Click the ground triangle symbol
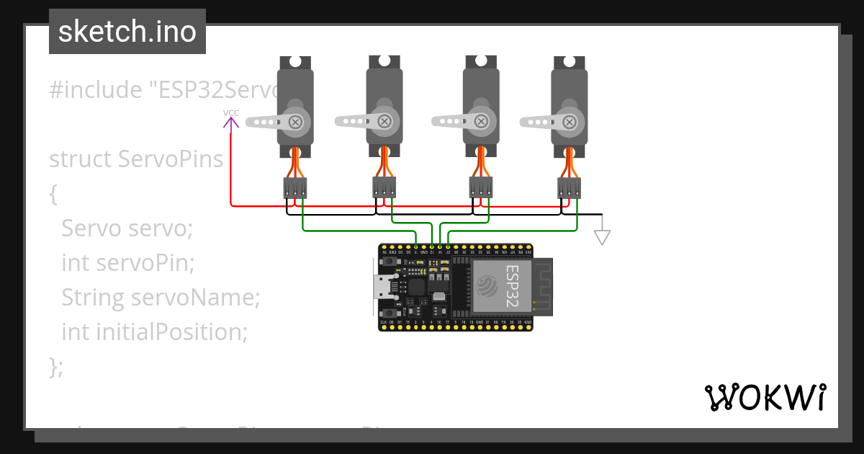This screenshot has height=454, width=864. coord(602,236)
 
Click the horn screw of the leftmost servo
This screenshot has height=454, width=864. coord(295,122)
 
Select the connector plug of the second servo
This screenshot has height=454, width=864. coord(384,188)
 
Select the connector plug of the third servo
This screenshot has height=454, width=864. coord(481,188)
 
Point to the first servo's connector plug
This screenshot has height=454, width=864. coord(295,188)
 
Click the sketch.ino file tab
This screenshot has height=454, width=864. coord(127,32)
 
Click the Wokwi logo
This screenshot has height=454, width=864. coord(765,397)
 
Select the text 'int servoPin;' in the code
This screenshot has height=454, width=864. coord(128,262)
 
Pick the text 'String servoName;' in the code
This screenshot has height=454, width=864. coord(161,297)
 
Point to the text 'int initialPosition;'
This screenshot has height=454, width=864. coord(155,331)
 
